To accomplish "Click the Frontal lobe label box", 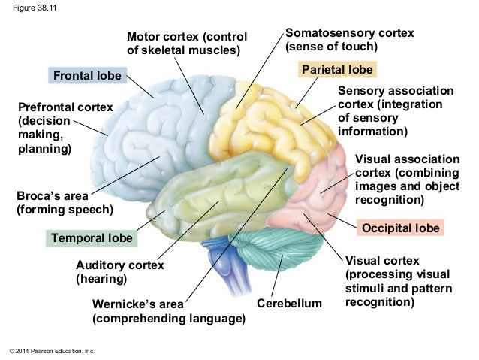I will (86, 76).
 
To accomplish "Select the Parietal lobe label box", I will (337, 71).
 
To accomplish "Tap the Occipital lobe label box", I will (402, 227).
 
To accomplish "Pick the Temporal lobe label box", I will (92, 238).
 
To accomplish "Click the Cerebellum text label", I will (289, 304).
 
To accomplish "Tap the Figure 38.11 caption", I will (29, 10).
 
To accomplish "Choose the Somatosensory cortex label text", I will (350, 33).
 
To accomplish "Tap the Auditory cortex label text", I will (120, 265).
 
